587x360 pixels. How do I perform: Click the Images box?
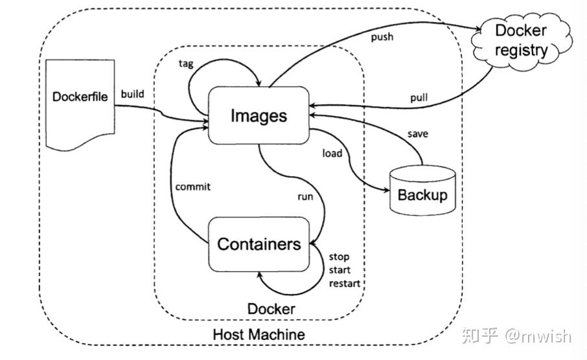click(x=259, y=115)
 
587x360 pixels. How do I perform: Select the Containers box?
click(x=259, y=244)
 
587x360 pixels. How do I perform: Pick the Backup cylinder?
click(x=422, y=192)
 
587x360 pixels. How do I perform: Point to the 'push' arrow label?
click(x=382, y=37)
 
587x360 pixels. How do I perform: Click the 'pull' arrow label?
click(x=419, y=98)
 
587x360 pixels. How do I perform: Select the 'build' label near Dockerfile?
click(x=132, y=94)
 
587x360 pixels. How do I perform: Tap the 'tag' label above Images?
click(x=186, y=63)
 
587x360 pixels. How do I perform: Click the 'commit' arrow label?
click(x=193, y=186)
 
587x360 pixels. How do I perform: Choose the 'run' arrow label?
click(x=305, y=195)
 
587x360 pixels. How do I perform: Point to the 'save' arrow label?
click(x=417, y=134)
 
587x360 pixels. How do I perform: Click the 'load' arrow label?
click(x=332, y=153)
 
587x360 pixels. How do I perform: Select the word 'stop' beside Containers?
click(x=340, y=257)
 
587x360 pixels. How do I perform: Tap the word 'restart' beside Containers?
click(x=345, y=284)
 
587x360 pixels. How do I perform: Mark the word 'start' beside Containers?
click(x=340, y=270)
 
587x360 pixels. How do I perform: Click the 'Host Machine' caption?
click(x=259, y=335)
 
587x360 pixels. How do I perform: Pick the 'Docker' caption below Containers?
click(x=271, y=309)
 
